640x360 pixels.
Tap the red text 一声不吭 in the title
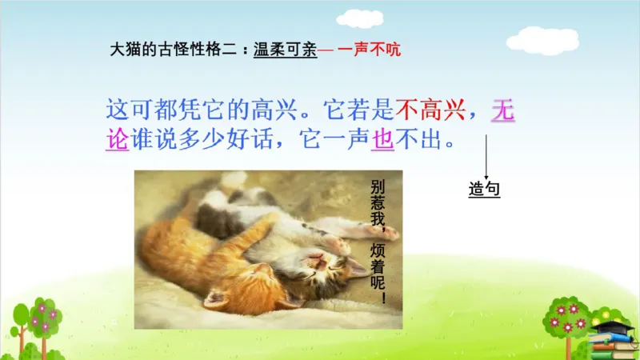pos(367,49)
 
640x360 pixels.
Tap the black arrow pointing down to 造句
pos(485,157)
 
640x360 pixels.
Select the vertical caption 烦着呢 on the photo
pos(378,273)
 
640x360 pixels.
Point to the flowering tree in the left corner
pos(36,324)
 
